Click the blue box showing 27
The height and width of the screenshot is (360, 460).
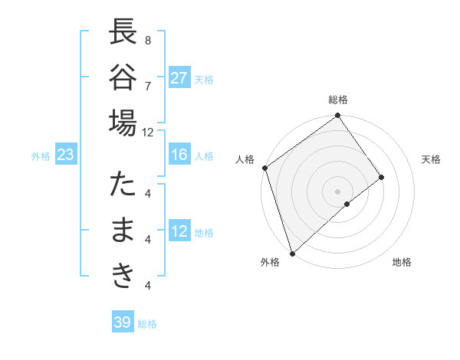[x=179, y=78]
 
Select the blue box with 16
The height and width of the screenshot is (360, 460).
[x=179, y=155]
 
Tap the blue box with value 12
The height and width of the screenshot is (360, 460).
[x=179, y=231]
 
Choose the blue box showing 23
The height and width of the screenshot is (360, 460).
[x=66, y=155]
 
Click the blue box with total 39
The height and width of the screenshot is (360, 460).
[x=123, y=322]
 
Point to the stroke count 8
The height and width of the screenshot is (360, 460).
[x=147, y=40]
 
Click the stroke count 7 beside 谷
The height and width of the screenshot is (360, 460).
[x=147, y=85]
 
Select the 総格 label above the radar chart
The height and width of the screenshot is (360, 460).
[x=338, y=100]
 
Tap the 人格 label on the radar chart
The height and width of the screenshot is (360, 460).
[x=245, y=159]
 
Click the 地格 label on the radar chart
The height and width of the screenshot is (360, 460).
[x=402, y=262]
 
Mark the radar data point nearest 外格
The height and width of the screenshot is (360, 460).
[x=292, y=253]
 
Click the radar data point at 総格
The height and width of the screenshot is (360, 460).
[x=338, y=116]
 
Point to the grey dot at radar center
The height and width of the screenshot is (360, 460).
[x=338, y=190]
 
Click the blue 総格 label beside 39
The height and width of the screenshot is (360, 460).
[x=147, y=324]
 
